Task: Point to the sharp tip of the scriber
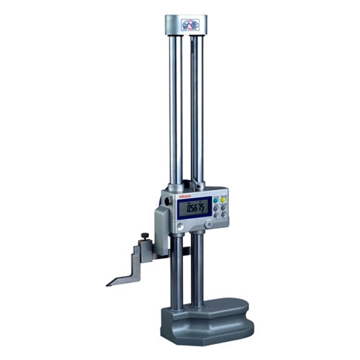108,284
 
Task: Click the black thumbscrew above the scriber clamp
145,235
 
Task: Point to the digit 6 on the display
194,208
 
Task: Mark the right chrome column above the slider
197,108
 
